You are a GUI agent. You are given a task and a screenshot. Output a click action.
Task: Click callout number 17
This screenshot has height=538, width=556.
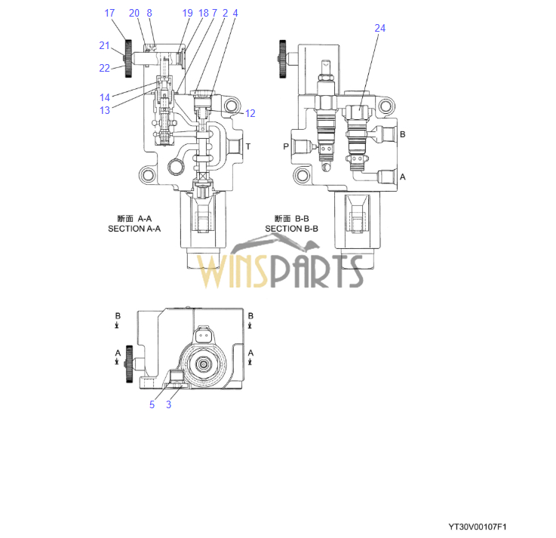click(x=109, y=13)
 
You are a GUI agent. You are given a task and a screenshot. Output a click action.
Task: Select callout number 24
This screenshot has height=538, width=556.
click(x=379, y=28)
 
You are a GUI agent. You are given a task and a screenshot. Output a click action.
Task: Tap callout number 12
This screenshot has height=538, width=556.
click(x=250, y=113)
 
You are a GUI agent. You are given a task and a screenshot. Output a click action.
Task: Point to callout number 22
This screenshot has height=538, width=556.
click(x=104, y=68)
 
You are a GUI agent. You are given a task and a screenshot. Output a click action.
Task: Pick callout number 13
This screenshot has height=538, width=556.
click(x=105, y=110)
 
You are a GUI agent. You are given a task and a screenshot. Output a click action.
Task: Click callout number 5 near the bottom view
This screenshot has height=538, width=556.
click(x=152, y=404)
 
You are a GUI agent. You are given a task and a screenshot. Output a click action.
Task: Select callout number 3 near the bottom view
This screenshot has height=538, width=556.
click(x=168, y=404)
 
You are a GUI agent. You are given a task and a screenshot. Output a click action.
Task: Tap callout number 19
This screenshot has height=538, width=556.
click(x=187, y=13)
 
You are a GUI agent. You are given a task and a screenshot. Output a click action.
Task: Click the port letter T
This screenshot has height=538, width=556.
click(x=248, y=146)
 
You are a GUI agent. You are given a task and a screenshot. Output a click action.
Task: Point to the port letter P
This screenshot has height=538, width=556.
click(x=286, y=146)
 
